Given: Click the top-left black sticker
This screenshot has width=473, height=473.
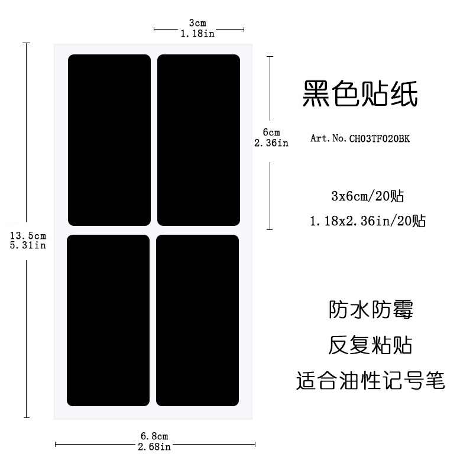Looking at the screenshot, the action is [109, 140].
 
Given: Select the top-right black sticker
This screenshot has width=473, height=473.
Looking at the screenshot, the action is [199, 140].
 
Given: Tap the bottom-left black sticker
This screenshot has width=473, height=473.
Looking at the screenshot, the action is [108, 320].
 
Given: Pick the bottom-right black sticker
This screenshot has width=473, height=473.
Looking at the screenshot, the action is [197, 320].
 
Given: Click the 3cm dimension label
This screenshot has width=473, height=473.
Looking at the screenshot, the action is [197, 23].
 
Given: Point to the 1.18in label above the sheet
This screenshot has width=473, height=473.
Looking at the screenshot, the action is [197, 34].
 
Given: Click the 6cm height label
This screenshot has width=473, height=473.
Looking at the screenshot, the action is [271, 132].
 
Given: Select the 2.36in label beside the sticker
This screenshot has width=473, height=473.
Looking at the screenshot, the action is [271, 142].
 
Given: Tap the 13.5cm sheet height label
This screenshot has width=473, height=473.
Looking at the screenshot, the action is [28, 235].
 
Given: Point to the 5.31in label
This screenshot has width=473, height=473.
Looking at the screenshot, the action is [28, 245].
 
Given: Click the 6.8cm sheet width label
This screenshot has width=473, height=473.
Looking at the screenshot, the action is [154, 436].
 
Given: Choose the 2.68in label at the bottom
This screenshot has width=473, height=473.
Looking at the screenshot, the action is [154, 447].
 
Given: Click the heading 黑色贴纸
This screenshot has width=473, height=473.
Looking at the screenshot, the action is [360, 93].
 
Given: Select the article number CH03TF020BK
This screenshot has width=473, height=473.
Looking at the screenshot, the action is [380, 138].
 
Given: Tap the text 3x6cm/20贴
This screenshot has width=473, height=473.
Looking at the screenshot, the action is [367, 196].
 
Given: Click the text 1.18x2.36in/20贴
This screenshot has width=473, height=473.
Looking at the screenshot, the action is [368, 221].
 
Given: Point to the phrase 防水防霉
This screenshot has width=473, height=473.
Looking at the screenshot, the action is [371, 309].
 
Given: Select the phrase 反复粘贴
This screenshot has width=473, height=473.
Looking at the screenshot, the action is [370, 345].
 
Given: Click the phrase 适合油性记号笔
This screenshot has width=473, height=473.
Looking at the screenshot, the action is [371, 380].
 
